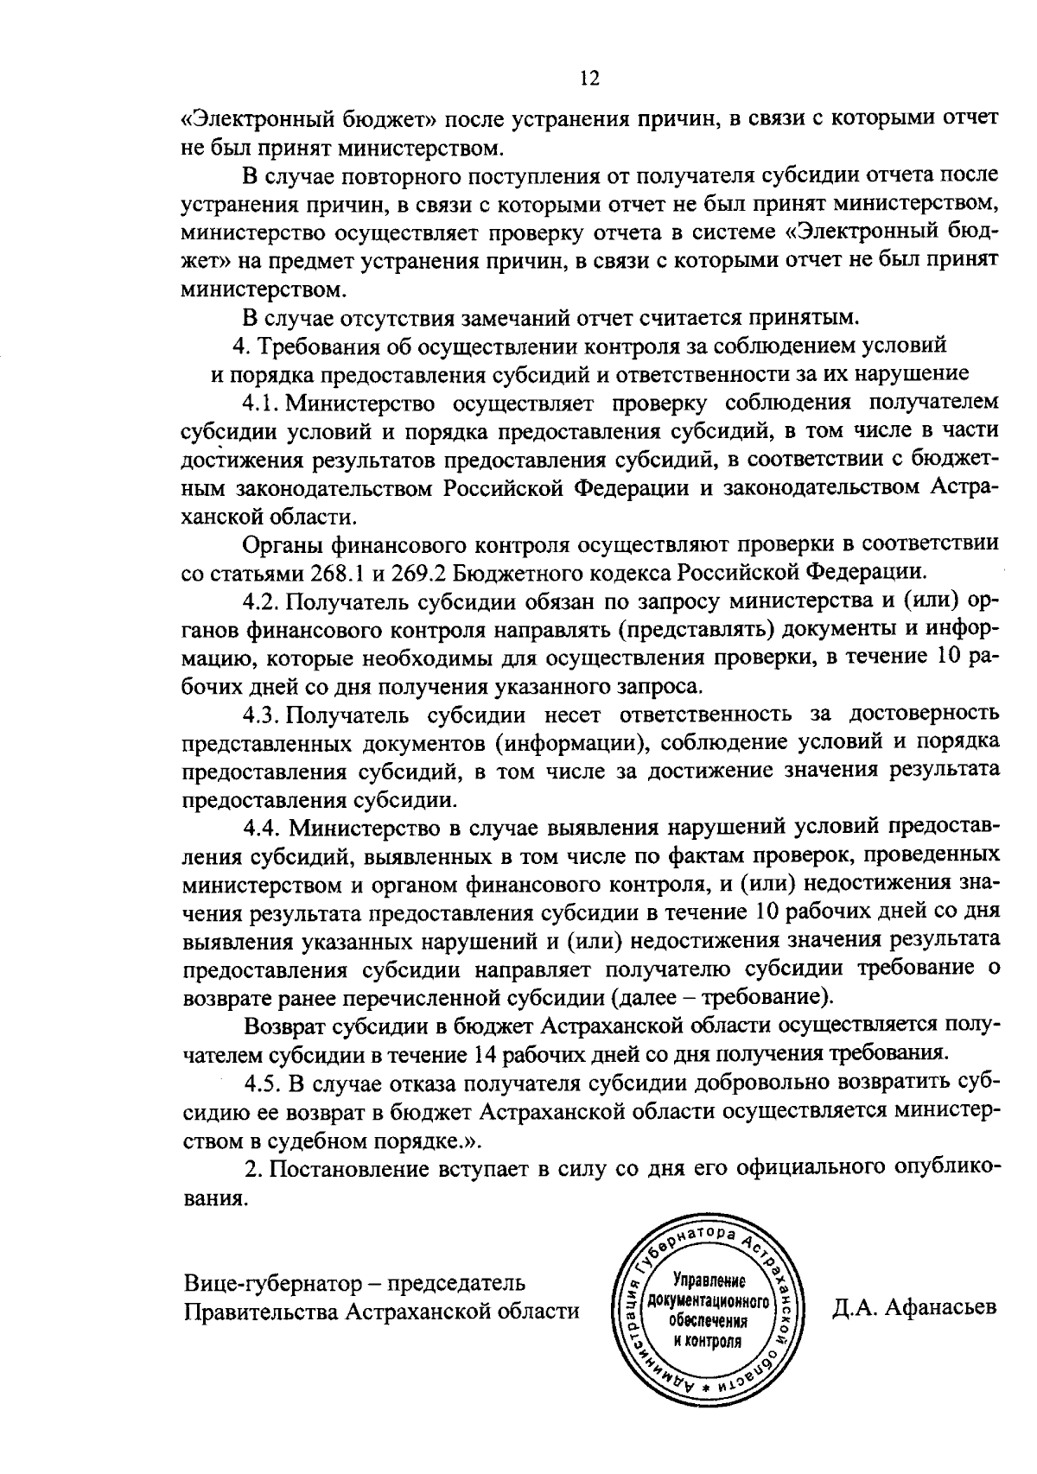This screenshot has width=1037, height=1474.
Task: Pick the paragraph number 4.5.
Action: pyautogui.click(x=263, y=1083)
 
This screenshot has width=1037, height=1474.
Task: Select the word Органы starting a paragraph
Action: pyautogui.click(x=283, y=544)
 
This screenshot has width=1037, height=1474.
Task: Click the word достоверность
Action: pyautogui.click(x=924, y=715)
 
